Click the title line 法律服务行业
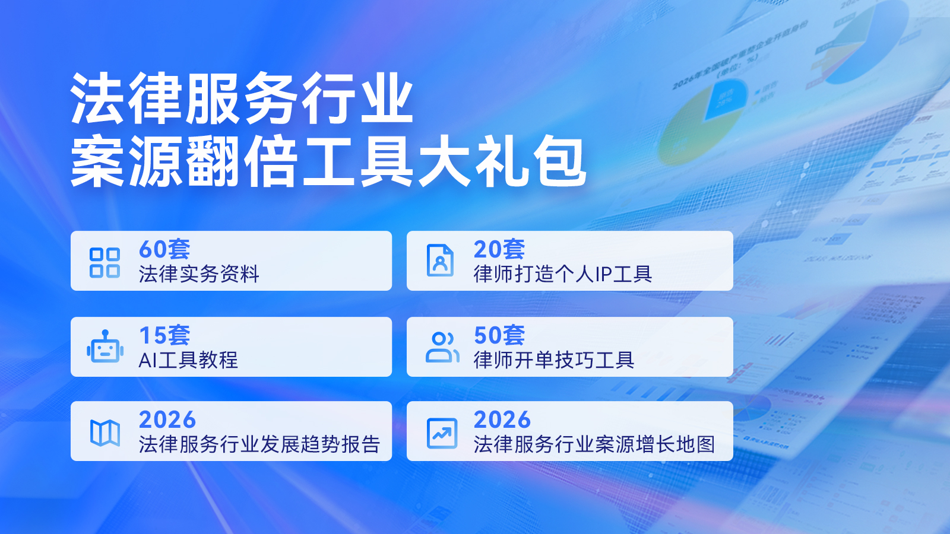pos(242,98)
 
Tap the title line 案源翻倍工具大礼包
pos(328,161)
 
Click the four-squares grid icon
pos(104,262)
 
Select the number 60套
pos(164,249)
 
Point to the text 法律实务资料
pos(199,274)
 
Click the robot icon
pos(105,347)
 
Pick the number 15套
pos(164,335)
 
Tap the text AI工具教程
pos(188,360)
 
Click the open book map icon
pos(105,433)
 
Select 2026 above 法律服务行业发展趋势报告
pos(167,419)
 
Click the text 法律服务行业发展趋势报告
pos(259,444)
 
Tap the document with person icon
pos(440,260)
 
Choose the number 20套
pos(499,249)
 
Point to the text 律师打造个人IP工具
pos(563,274)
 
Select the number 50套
pos(499,335)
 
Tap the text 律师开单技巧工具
pos(554,360)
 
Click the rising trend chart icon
pos(442,433)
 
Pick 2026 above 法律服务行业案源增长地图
pos(502,419)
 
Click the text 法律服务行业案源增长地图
pos(594,444)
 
